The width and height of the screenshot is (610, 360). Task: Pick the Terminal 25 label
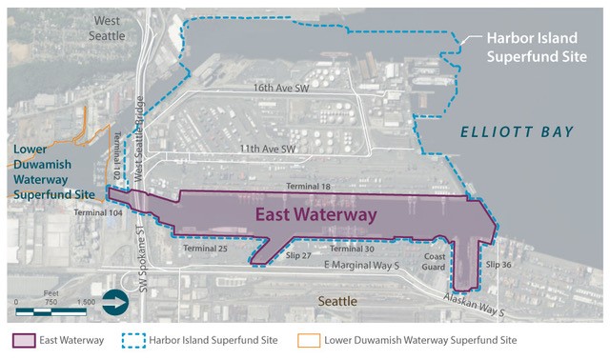point(207,249)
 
